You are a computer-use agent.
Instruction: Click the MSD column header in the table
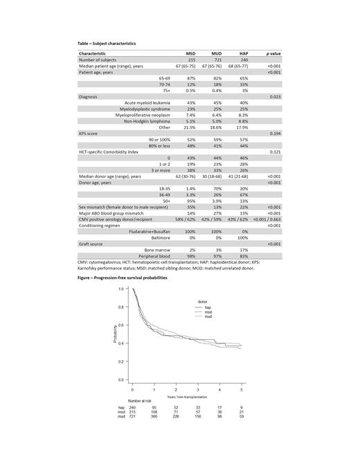coord(191,53)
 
